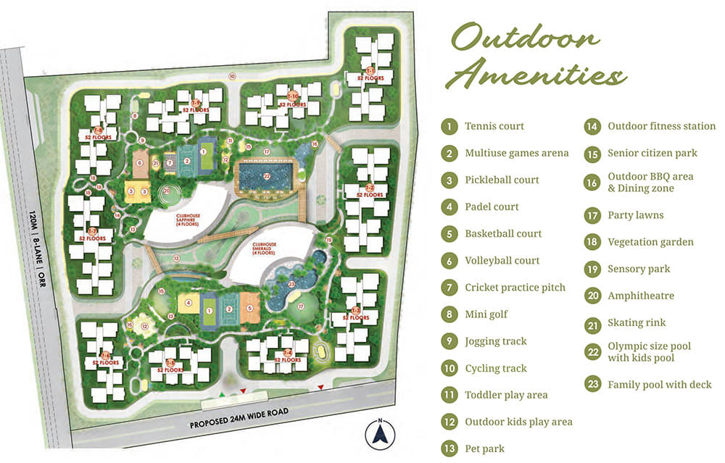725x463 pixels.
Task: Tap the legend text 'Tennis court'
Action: tap(494, 126)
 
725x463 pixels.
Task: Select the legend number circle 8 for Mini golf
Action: tap(450, 314)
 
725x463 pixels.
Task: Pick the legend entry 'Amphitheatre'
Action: tap(640, 296)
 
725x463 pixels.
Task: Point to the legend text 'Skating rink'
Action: tap(636, 322)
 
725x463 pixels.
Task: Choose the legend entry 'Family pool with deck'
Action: tap(659, 385)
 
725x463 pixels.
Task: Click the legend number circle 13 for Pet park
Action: tap(450, 449)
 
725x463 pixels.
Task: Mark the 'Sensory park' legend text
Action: tap(639, 269)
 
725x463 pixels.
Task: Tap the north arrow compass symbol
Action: tap(378, 433)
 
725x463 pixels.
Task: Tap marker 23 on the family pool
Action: tap(291, 285)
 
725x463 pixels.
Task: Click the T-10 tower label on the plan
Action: tap(292, 99)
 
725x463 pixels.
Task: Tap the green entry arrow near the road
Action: tap(222, 396)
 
